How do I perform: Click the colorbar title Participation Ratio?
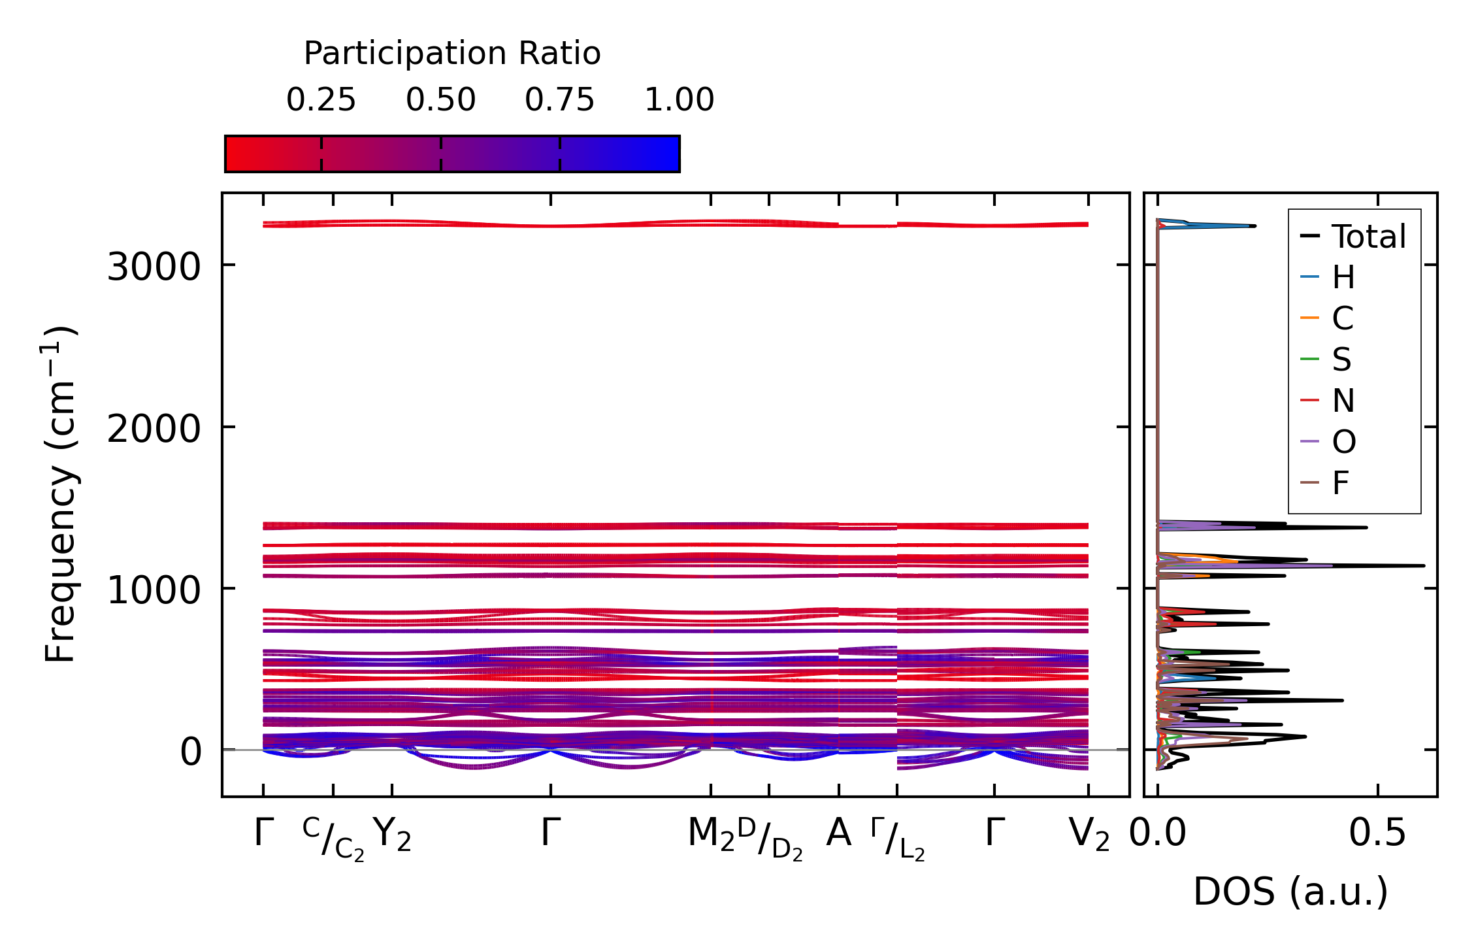[x=452, y=54]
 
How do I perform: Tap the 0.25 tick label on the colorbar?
[x=321, y=100]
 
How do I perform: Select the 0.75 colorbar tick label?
[x=559, y=100]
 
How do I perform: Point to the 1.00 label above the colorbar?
[x=679, y=100]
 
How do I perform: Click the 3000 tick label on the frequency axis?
[x=153, y=267]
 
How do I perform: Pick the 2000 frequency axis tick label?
[x=153, y=429]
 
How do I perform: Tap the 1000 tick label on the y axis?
[x=153, y=591]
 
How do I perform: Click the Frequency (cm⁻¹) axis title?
[x=61, y=495]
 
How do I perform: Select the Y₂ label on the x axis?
[x=392, y=835]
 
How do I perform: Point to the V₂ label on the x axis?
[x=1089, y=835]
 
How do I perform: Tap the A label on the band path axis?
[x=838, y=833]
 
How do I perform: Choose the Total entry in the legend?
[x=1368, y=237]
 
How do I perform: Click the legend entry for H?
[x=1343, y=278]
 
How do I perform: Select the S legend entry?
[x=1341, y=359]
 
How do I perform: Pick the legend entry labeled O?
[x=1344, y=442]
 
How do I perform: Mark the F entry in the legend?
[x=1341, y=484]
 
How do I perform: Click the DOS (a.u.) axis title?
[x=1290, y=892]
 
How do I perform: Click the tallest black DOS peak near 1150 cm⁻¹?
[x=1422, y=565]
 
